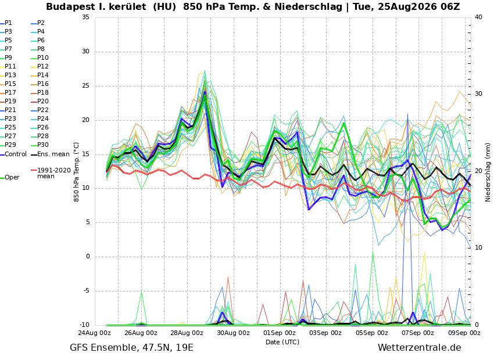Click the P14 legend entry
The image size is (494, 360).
40,75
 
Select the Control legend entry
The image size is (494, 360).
13,154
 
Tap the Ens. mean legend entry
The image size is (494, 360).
50,154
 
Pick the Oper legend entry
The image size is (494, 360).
10,178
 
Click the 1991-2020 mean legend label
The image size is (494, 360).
54,173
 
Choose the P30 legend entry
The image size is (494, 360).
40,145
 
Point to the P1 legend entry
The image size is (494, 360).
6,23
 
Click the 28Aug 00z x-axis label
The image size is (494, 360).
187,333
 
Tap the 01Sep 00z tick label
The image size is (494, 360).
280,333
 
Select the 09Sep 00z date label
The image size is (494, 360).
464,333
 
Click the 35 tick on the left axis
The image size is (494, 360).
85,17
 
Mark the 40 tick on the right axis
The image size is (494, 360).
478,17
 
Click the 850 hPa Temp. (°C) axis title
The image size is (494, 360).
76,172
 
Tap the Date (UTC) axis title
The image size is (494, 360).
282,342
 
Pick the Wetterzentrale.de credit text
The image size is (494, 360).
420,348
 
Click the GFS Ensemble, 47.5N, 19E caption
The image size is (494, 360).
131,348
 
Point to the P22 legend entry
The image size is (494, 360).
40,110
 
